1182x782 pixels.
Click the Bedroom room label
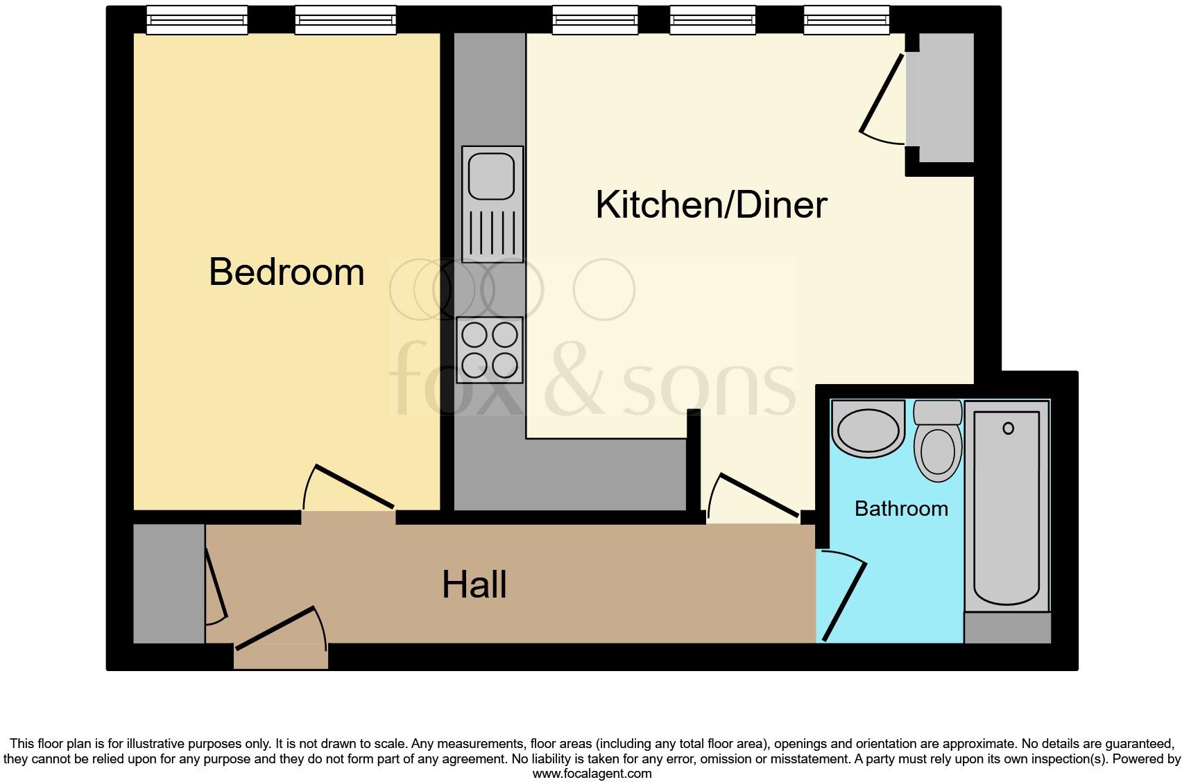click(x=286, y=272)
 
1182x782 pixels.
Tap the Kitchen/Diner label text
click(x=711, y=205)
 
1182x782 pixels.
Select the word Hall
click(x=474, y=584)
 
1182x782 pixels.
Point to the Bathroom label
click(x=901, y=509)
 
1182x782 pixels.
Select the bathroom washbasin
click(x=868, y=429)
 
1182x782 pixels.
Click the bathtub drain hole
click(x=1008, y=428)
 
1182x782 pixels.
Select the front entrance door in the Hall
click(x=277, y=628)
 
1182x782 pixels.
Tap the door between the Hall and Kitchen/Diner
click(x=756, y=495)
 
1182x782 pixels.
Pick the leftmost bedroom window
click(x=197, y=21)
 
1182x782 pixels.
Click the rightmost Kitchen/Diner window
click(x=846, y=21)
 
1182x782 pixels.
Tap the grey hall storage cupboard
click(x=169, y=583)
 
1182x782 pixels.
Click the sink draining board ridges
click(x=491, y=233)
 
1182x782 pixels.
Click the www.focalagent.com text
click(x=591, y=774)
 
